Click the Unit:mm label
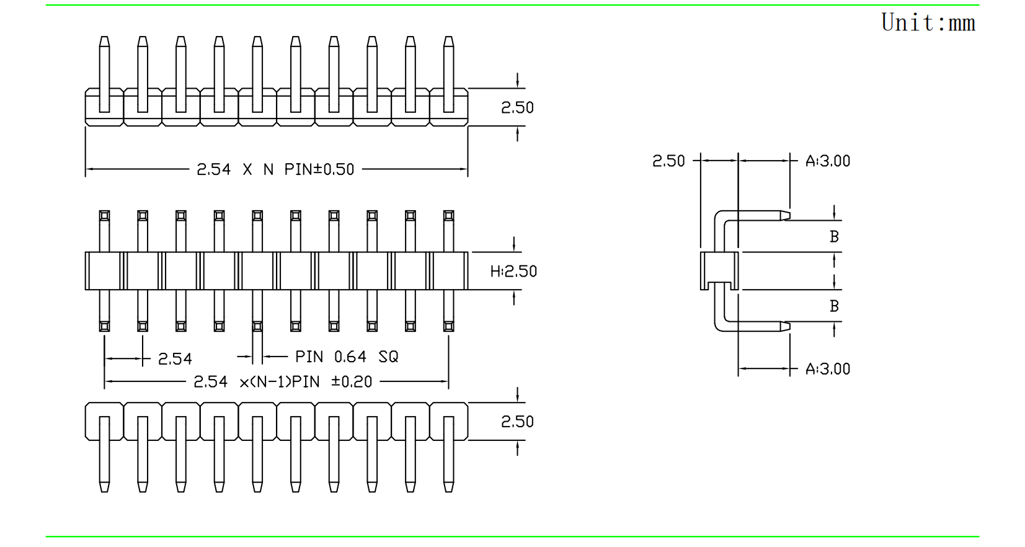[928, 23]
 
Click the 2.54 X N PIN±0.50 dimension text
[275, 169]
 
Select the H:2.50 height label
[513, 271]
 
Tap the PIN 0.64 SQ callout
[347, 357]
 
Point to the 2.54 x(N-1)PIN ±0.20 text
[283, 381]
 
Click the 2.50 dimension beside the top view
[517, 107]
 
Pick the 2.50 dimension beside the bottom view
[517, 422]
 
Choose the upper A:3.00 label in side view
[828, 161]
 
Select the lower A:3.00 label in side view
[828, 369]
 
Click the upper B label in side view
[834, 236]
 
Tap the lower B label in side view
[834, 306]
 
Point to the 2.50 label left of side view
[668, 161]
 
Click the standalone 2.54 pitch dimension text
[175, 358]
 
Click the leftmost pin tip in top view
[104, 42]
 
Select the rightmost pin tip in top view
[448, 42]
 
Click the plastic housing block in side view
[719, 270]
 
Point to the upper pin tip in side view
[785, 216]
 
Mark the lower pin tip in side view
[785, 326]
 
